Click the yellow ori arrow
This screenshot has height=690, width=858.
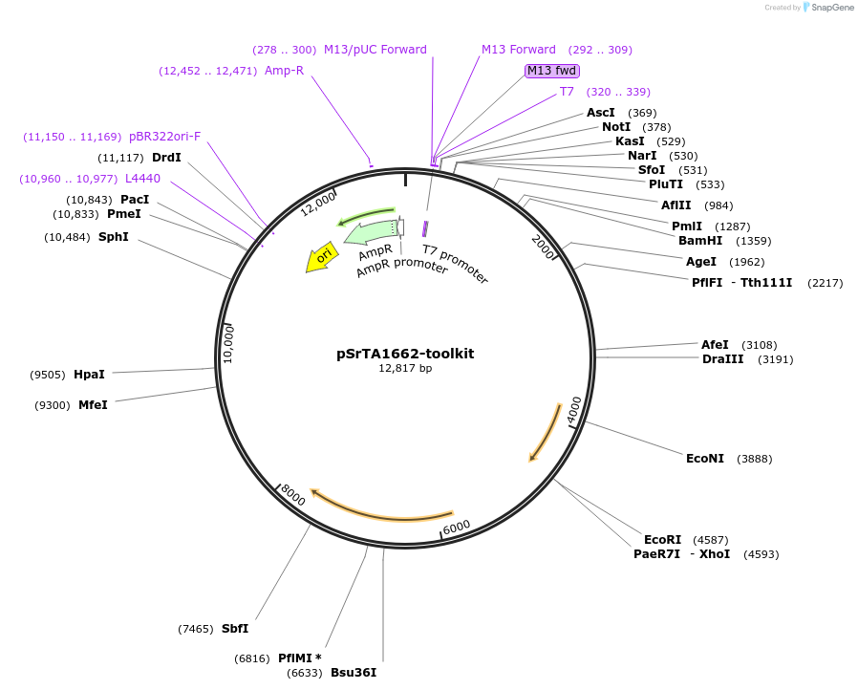point(322,256)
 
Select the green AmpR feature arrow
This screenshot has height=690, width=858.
point(371,232)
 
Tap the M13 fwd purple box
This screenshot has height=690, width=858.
point(552,70)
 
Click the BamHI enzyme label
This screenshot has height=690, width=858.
point(700,241)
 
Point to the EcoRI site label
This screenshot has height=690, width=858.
point(662,540)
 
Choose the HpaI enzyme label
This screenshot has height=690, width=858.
point(89,375)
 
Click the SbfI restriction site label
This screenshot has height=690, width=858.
point(235,628)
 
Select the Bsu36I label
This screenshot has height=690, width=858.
point(354,673)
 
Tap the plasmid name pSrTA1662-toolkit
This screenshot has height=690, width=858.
point(405,354)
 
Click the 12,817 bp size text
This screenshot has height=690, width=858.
point(405,368)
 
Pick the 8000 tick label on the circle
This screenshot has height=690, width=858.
point(292,495)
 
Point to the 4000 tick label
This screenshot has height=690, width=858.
point(573,409)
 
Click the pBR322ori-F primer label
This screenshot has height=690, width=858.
point(165,137)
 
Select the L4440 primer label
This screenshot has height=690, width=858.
point(142,179)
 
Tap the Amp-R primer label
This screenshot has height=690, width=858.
point(284,70)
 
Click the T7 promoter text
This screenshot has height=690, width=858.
point(456,265)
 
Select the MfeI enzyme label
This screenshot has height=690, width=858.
point(93,405)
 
